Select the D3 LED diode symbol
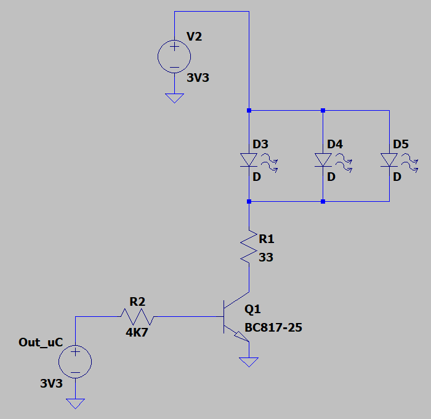tap(249, 160)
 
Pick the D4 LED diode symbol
tap(323, 160)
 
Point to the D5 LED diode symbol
tap(389, 160)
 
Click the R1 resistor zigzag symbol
tap(249, 247)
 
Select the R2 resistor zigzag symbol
tap(137, 316)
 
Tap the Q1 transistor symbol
tap(236, 317)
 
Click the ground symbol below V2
tap(174, 98)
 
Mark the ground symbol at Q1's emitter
tap(249, 362)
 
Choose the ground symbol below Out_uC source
tap(75, 404)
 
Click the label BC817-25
tap(273, 327)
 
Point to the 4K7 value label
tap(137, 333)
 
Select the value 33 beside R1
tap(266, 257)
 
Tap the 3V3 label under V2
tap(198, 78)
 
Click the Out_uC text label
tap(41, 342)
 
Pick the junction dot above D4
tap(323, 111)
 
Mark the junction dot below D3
tap(249, 201)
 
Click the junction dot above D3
tap(249, 111)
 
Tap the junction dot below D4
tap(323, 201)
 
